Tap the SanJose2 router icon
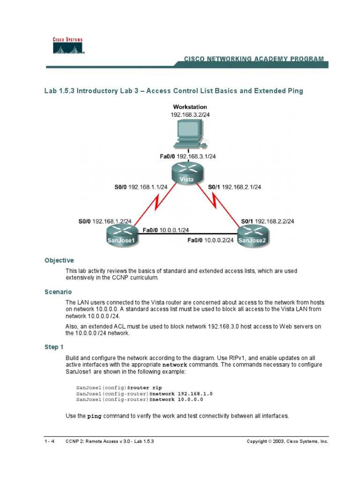[254, 234]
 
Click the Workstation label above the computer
[190, 107]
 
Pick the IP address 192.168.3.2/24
[190, 114]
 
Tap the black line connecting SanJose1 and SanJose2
[187, 233]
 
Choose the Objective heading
[59, 261]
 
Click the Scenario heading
[58, 292]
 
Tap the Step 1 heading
[54, 347]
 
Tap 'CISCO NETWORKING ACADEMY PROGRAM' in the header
[253, 59]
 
